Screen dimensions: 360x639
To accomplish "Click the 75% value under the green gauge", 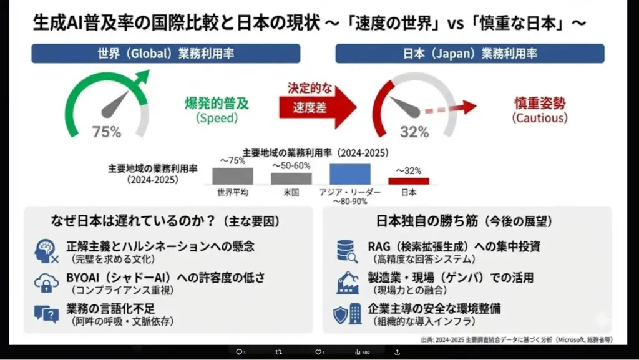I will (x=107, y=132).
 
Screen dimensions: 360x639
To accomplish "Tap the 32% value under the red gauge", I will (x=414, y=132).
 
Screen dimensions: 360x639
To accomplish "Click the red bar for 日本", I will (x=409, y=181).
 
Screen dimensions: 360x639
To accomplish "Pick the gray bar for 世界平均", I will (x=232, y=176).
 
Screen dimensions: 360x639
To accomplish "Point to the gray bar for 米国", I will (x=291, y=178).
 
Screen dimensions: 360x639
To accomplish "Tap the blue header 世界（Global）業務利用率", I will (x=166, y=54).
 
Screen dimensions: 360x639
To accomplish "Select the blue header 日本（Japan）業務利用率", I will (x=470, y=54).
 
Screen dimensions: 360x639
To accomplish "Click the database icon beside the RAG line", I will (x=346, y=251).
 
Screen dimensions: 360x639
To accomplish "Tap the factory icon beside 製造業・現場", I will (x=347, y=283).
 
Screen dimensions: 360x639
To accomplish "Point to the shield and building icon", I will (x=347, y=314).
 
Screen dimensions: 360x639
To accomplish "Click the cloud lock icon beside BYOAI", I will (x=47, y=283).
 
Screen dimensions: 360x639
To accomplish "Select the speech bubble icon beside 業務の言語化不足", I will (x=47, y=314).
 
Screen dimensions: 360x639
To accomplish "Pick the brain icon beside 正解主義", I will (x=47, y=251).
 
